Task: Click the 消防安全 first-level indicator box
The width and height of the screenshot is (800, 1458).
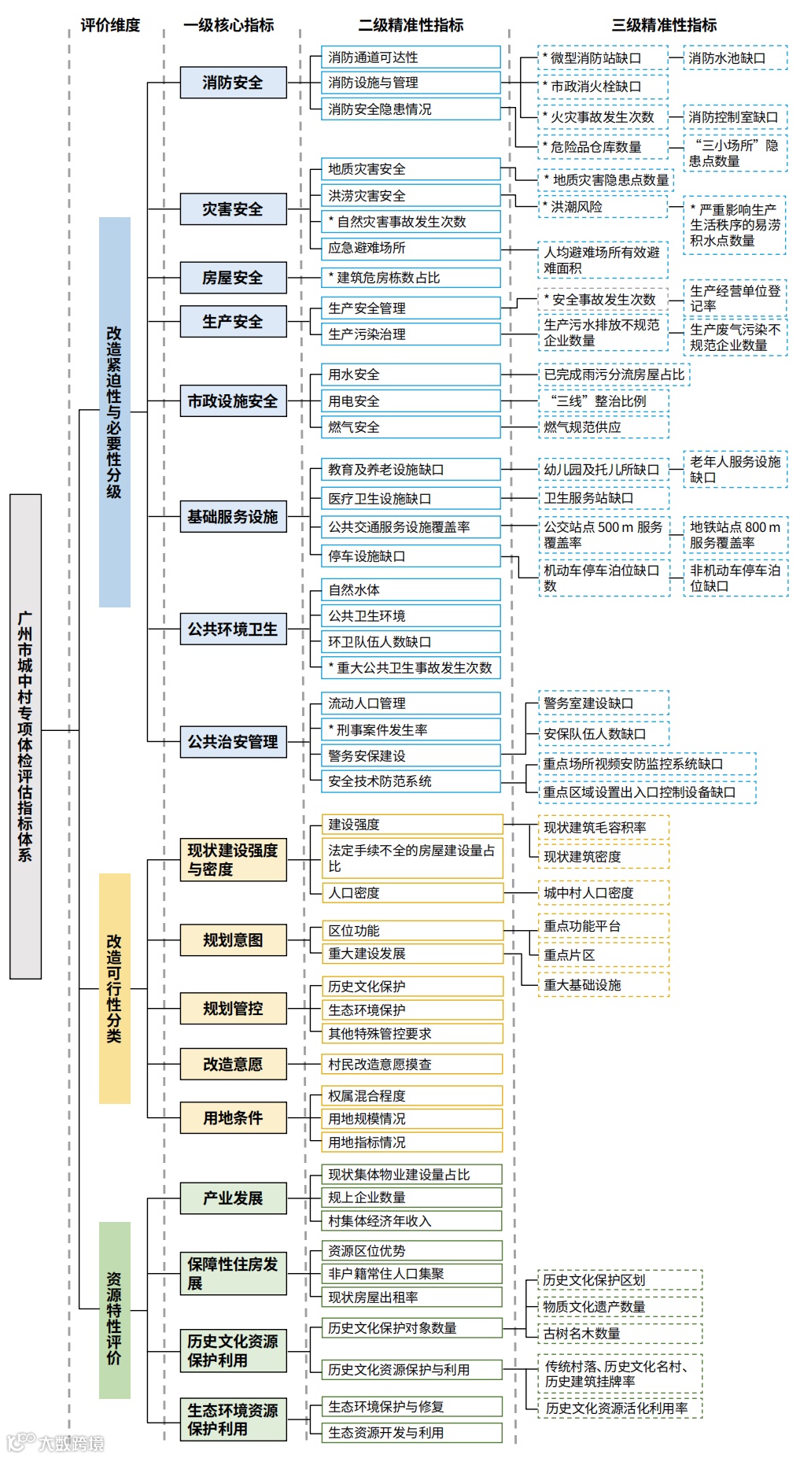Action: point(233,83)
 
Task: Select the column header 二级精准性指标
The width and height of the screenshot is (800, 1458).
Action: point(411,25)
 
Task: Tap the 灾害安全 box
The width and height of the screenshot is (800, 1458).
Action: point(233,209)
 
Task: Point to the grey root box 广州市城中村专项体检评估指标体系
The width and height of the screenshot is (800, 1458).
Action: point(25,736)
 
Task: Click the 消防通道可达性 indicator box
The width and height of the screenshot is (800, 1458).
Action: point(411,57)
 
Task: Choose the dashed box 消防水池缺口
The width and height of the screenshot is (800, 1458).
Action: point(735,58)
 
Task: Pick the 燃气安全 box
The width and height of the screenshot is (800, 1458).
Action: point(411,427)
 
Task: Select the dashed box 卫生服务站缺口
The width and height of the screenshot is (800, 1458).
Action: point(603,498)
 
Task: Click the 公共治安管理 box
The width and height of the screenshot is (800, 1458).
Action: point(233,742)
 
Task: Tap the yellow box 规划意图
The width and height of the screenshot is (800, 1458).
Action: point(233,940)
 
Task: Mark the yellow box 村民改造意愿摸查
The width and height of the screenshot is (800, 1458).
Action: point(411,1065)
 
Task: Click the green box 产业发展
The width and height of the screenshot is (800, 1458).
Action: point(233,1198)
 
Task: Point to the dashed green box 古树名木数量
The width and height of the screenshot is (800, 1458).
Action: point(621,1334)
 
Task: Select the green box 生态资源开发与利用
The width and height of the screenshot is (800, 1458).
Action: point(411,1433)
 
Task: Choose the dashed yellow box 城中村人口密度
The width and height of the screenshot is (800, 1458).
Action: point(603,893)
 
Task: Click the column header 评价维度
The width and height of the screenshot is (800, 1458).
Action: point(110,25)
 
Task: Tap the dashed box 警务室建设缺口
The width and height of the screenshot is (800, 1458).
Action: point(603,703)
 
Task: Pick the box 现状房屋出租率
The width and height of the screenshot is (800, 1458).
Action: point(411,1297)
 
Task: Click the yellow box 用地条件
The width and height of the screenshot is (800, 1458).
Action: point(233,1118)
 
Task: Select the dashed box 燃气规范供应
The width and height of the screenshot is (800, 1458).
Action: point(603,427)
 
